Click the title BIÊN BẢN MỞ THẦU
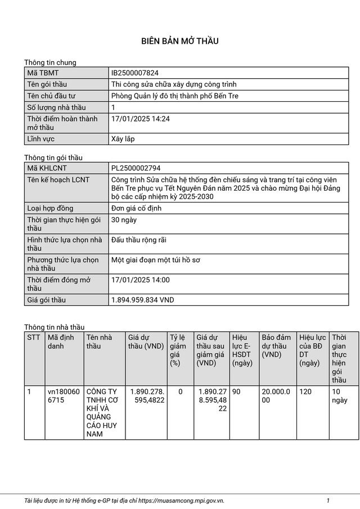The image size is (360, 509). coord(179,41)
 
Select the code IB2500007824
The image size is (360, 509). coord(135,73)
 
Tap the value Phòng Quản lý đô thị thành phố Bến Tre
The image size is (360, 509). coord(175,96)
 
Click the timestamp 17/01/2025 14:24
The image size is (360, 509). coord(141,119)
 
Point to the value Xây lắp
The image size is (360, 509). coord(123,138)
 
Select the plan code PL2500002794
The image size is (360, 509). coord(136,168)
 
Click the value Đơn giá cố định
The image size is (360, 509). coord(137,208)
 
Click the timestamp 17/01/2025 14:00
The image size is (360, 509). coord(141,280)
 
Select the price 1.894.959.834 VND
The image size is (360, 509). coord(143,300)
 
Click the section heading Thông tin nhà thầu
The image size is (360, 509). coord(54,327)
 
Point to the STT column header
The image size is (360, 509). coord(34,337)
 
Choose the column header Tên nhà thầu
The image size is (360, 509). coord(99,341)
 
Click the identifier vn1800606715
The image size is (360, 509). coord(64,395)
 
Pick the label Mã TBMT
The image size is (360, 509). coord(43,73)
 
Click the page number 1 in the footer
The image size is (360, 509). coord(328,500)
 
